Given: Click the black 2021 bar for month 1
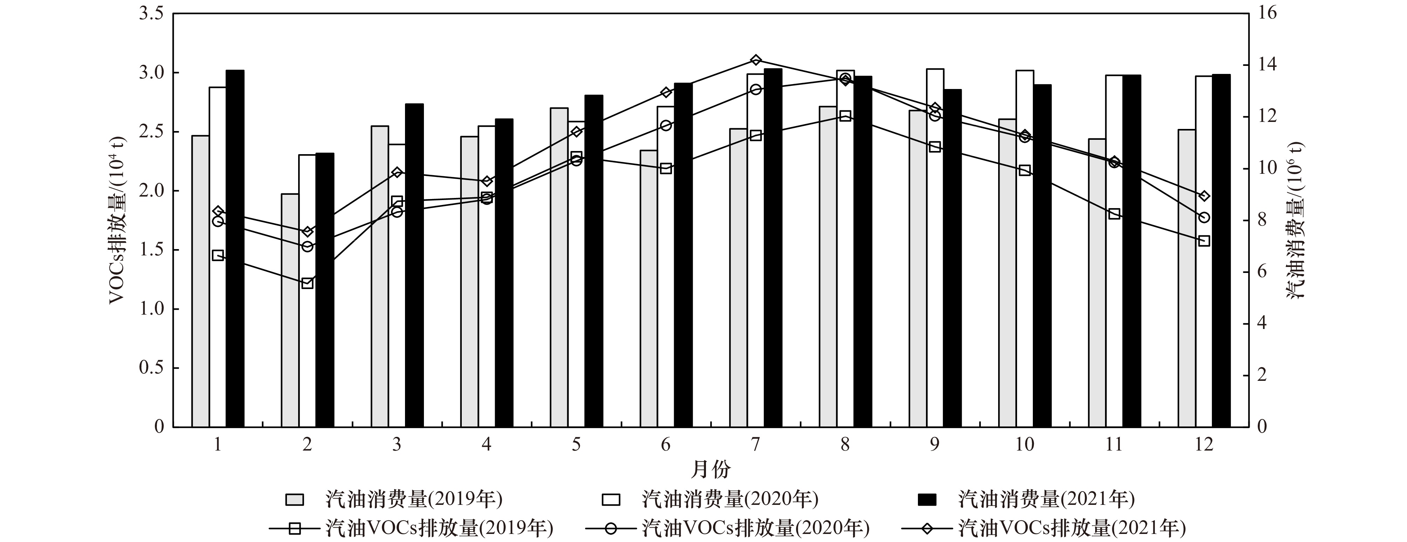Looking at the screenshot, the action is [x=235, y=249].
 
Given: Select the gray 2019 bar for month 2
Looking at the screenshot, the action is [x=290, y=310].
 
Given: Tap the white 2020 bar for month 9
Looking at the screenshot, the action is [x=935, y=248].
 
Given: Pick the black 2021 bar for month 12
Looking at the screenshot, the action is [x=1221, y=251].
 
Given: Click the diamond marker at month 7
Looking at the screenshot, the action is [x=755, y=60].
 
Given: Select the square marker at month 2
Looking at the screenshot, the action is [x=308, y=283].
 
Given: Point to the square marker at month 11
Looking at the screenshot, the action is [x=1114, y=214].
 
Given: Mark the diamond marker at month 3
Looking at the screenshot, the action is [x=397, y=173].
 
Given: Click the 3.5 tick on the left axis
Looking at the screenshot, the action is [x=151, y=14].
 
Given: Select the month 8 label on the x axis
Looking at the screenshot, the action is [x=845, y=445].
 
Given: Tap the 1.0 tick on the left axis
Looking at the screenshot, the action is [x=151, y=309].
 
